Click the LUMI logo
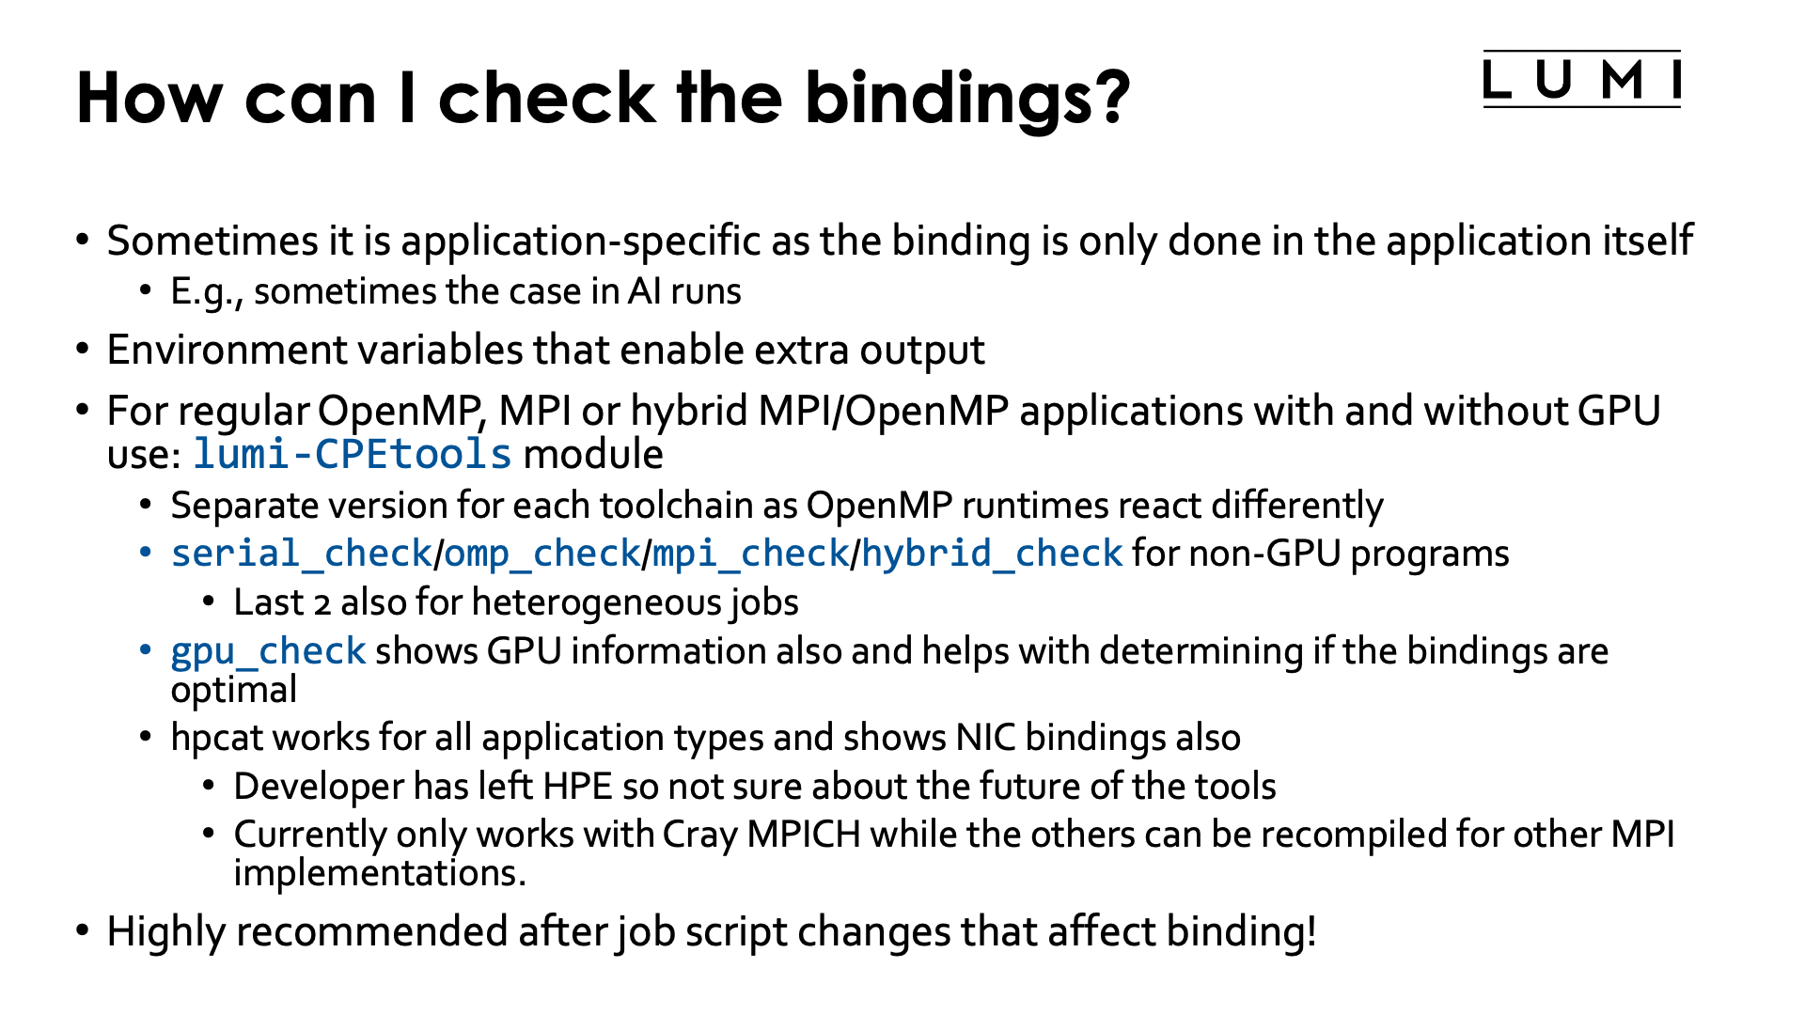click(x=1581, y=80)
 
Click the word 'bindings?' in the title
click(x=967, y=99)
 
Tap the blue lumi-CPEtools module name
click(x=353, y=455)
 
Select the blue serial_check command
click(x=301, y=554)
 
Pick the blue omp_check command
click(x=541, y=554)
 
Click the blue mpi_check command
click(x=750, y=554)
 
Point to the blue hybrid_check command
click(x=992, y=554)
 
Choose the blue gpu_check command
click(x=268, y=651)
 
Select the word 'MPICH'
click(x=804, y=835)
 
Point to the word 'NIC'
click(x=985, y=738)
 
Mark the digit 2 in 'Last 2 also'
click(x=322, y=603)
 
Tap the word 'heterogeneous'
click(x=598, y=602)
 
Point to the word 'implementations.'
click(x=379, y=874)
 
